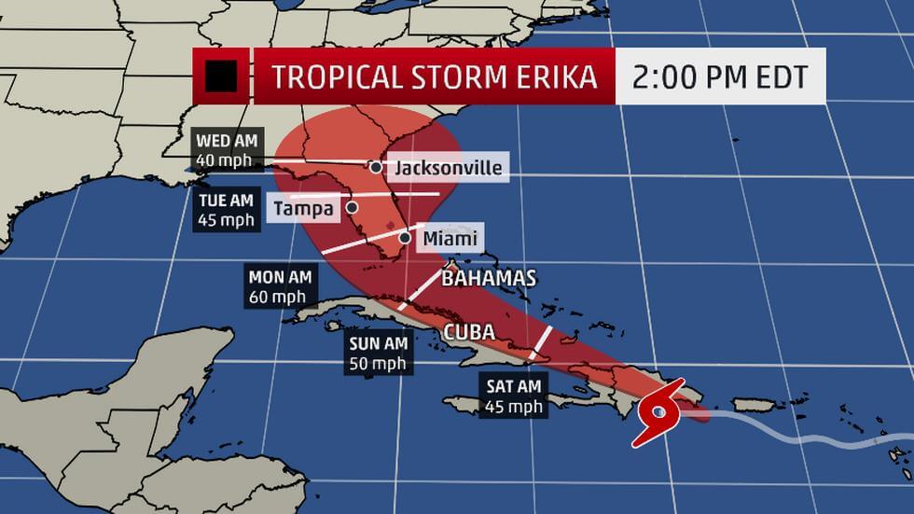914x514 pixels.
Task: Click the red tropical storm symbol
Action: click(x=660, y=411)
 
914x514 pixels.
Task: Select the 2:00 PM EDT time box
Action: click(x=720, y=76)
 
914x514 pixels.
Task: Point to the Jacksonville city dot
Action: click(x=375, y=167)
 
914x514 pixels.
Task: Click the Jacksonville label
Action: click(x=449, y=168)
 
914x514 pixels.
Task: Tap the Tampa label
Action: click(x=304, y=208)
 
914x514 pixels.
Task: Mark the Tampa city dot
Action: click(x=353, y=207)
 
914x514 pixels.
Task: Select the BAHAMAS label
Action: click(x=489, y=278)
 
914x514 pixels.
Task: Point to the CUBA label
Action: click(x=468, y=333)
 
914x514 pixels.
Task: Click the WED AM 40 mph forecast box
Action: click(x=228, y=148)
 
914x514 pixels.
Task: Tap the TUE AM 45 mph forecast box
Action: click(x=226, y=210)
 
